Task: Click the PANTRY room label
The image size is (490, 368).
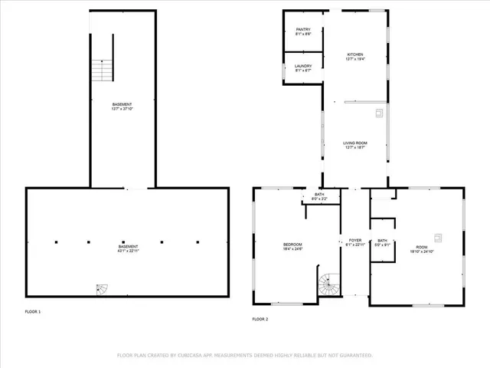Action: (x=303, y=29)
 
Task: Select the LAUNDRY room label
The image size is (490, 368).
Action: (x=303, y=65)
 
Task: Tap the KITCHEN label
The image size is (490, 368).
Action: (x=355, y=54)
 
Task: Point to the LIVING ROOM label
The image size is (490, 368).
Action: (x=354, y=143)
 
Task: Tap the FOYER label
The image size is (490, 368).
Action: (x=355, y=240)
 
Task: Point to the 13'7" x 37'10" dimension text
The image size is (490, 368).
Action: (x=122, y=109)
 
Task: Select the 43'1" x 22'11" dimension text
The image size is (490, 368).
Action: (x=127, y=251)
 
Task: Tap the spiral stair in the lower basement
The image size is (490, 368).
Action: (x=102, y=289)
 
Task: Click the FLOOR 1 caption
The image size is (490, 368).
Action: (x=33, y=311)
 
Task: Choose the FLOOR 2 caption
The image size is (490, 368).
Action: (x=260, y=318)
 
